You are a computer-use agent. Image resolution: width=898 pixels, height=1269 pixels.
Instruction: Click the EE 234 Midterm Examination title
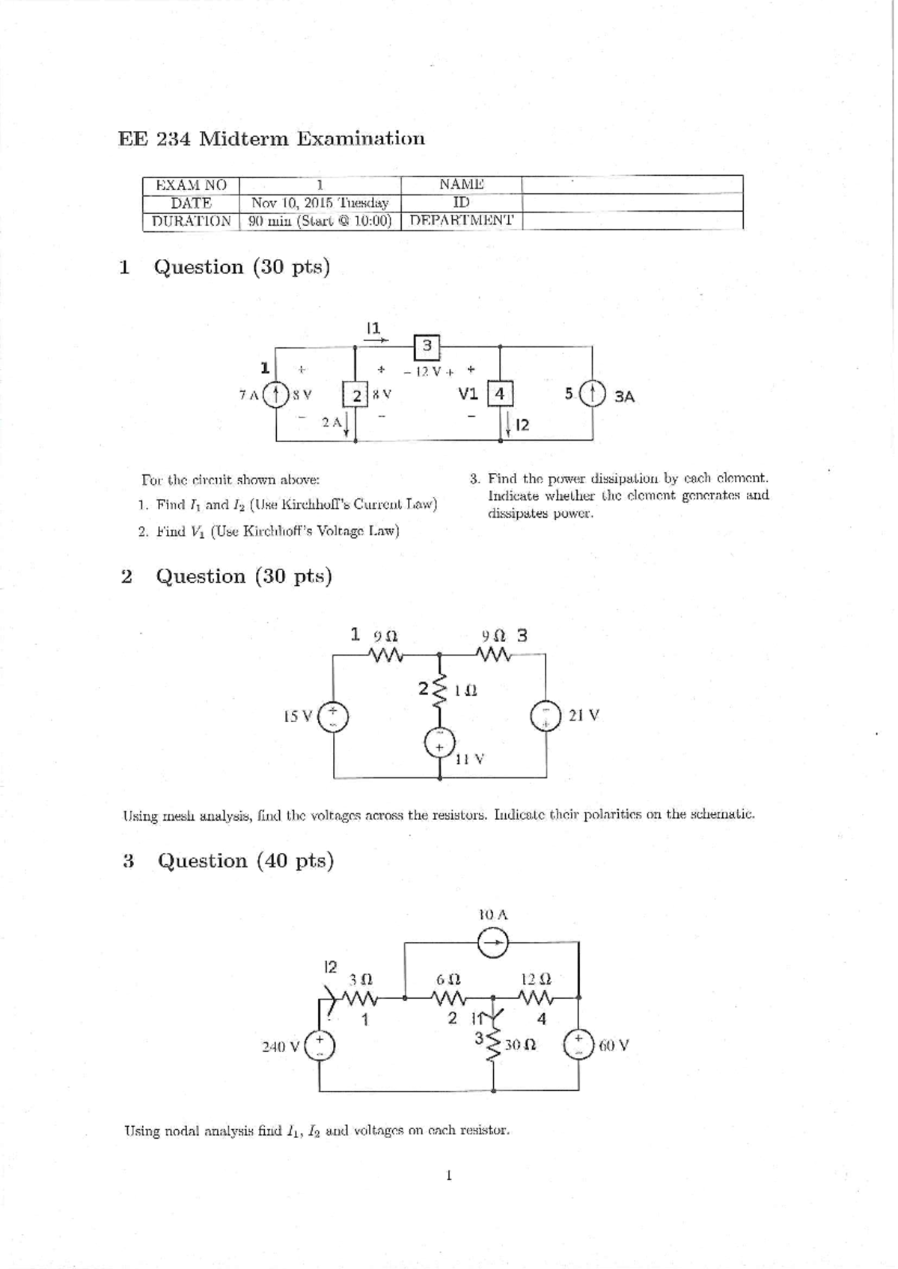(x=272, y=138)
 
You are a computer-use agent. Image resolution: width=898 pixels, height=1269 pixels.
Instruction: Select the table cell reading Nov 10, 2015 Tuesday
(x=320, y=203)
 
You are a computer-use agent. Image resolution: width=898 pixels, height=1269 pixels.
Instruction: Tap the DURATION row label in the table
(x=191, y=221)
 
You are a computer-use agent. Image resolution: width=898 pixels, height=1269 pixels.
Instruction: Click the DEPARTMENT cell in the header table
(x=462, y=221)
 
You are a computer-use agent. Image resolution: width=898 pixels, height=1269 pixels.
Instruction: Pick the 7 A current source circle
(x=277, y=394)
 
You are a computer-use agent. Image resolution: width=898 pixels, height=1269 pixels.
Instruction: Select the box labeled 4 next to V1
(x=500, y=394)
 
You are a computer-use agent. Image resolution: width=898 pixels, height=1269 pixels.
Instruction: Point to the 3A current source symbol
(x=593, y=394)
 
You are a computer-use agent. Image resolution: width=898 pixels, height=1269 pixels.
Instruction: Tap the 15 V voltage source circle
(x=334, y=716)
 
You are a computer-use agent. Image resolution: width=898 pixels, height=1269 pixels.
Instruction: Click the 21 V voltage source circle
(x=546, y=715)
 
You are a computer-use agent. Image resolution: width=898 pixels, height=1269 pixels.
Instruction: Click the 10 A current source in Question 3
(x=493, y=944)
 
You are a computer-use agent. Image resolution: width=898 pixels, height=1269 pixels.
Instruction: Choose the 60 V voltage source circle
(x=579, y=1045)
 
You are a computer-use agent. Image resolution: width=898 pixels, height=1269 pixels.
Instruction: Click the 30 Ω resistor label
(x=520, y=1045)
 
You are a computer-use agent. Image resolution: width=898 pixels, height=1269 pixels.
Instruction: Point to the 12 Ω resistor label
(x=536, y=979)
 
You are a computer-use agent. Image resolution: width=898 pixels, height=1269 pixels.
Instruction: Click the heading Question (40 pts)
(x=245, y=860)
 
